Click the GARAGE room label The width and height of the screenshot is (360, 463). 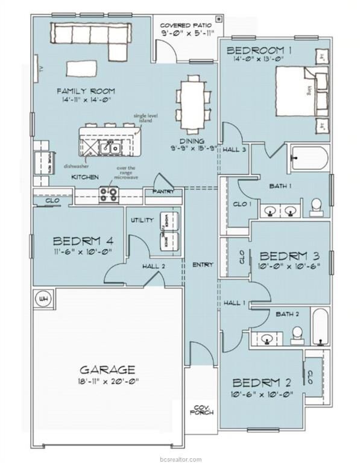coord(108,370)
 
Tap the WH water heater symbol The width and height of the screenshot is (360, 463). coord(43,298)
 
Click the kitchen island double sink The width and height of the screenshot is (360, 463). coord(112,146)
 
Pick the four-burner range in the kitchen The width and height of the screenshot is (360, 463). coord(109,195)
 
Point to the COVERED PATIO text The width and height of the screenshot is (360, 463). coord(187,25)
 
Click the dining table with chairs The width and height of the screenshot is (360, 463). coord(194,98)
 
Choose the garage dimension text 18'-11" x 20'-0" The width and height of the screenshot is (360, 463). coord(108,382)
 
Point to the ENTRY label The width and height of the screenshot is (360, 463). coord(200,265)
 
